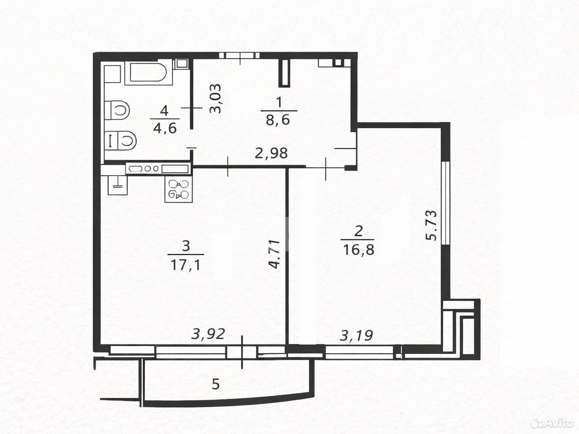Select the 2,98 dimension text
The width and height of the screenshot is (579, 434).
(271, 153)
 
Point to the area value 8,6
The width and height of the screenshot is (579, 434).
(278, 120)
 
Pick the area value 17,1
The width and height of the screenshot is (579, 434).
(186, 265)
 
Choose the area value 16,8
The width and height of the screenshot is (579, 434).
(359, 249)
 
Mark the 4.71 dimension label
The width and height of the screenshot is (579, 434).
(275, 254)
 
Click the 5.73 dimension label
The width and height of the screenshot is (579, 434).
(432, 225)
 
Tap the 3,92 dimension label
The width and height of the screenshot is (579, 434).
(208, 334)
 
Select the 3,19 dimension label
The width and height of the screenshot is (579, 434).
(356, 336)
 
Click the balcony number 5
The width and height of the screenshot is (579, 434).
(216, 384)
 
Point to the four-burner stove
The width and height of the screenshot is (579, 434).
(178, 189)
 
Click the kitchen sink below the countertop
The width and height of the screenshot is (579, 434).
(118, 185)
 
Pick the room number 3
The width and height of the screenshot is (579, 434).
(186, 246)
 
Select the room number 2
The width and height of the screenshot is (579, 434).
(358, 231)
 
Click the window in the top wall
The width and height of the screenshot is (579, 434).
(239, 55)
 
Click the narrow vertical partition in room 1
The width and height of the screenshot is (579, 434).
(285, 73)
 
